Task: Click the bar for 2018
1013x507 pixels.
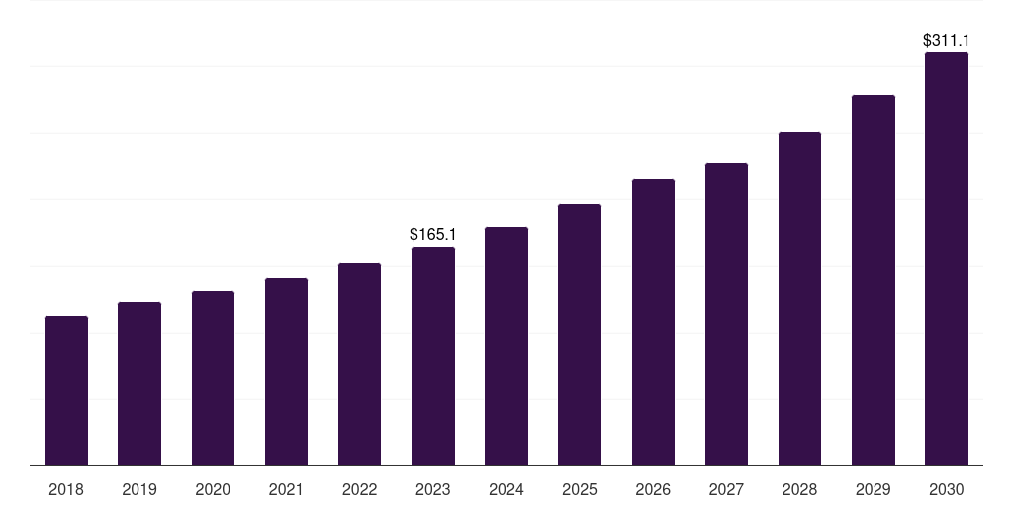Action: [x=66, y=391]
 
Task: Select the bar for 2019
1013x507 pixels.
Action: [x=139, y=384]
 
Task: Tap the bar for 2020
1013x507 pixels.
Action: [x=213, y=378]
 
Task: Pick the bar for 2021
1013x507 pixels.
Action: [x=286, y=372]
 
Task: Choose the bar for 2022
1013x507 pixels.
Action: [x=359, y=364]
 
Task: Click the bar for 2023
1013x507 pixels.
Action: [x=433, y=356]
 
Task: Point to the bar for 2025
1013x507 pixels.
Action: [x=580, y=335]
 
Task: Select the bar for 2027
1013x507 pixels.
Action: [x=726, y=315]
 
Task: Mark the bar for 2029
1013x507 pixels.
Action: [x=874, y=280]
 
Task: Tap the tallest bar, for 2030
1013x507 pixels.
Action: [x=947, y=259]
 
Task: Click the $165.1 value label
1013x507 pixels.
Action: [x=433, y=235]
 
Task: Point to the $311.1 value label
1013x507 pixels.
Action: [x=947, y=41]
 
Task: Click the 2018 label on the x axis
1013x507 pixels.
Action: [x=66, y=489]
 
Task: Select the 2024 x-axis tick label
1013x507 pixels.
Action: [x=506, y=489]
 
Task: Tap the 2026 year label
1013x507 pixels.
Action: [x=653, y=489]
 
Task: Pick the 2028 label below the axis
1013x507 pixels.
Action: [x=799, y=489]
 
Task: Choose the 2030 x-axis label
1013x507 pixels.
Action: [x=947, y=489]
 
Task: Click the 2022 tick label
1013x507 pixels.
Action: [x=359, y=489]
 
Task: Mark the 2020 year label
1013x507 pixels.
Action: [x=213, y=489]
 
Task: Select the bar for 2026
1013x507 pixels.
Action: [x=653, y=323]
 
